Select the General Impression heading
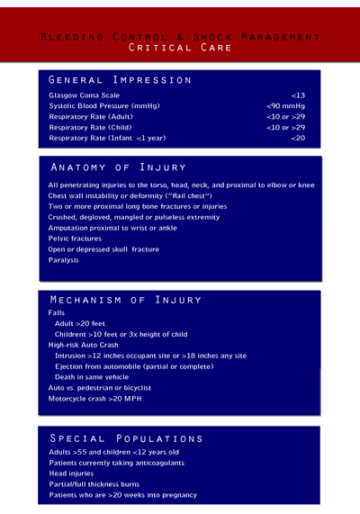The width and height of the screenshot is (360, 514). click(120, 79)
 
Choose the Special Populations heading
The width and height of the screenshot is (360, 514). click(126, 437)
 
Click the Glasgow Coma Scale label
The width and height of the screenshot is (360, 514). click(84, 95)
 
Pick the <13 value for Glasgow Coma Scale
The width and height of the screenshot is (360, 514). click(298, 95)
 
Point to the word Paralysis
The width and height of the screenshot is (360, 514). click(63, 260)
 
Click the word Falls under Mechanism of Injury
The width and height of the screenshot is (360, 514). click(56, 312)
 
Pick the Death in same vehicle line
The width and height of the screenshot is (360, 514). click(91, 377)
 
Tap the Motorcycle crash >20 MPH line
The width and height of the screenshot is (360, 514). click(95, 399)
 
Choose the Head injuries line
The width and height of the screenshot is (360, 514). click(71, 473)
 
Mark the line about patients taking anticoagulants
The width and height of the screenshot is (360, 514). click(116, 463)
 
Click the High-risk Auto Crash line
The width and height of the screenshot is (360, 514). click(83, 345)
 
